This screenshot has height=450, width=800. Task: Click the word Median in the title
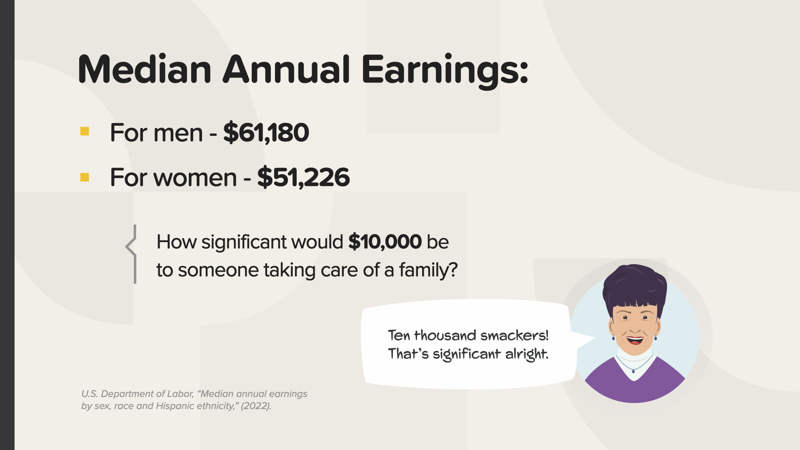145,69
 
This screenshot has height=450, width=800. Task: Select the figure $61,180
266,133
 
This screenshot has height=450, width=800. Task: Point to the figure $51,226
303,177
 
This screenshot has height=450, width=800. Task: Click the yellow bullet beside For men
85,131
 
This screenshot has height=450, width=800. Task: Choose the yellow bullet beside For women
85,177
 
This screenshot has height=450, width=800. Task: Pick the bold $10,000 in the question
385,242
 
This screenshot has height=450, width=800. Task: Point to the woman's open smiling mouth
635,340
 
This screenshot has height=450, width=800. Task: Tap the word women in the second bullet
195,178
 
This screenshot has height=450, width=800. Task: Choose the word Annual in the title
286,69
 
